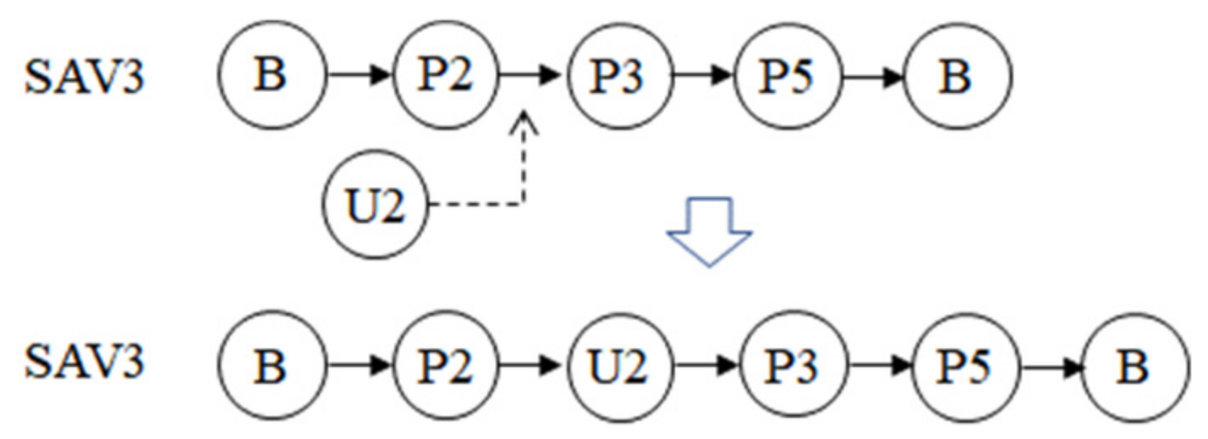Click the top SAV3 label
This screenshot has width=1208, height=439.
(x=84, y=77)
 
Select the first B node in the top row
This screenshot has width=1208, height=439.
(x=271, y=77)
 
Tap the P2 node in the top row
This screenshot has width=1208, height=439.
(x=447, y=77)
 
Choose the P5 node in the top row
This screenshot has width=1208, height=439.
(x=788, y=77)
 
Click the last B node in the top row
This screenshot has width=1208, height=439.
(x=958, y=77)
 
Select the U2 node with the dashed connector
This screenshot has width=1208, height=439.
(x=376, y=206)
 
